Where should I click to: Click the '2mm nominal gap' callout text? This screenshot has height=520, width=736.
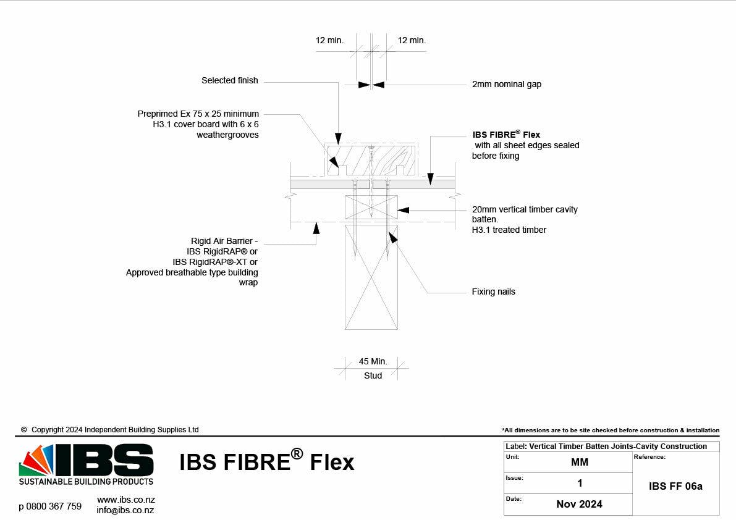point(506,84)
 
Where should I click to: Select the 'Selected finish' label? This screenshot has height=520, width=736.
point(229,80)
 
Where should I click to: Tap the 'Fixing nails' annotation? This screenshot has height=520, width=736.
point(493,291)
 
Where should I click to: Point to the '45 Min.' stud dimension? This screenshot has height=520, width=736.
point(373,361)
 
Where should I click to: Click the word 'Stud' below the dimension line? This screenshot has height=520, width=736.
point(373,375)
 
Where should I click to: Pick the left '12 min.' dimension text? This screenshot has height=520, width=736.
point(329,40)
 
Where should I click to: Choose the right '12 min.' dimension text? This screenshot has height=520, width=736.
point(412,40)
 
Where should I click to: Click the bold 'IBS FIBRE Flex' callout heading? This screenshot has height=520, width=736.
point(506,135)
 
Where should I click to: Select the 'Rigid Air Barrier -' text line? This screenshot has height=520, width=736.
point(224,241)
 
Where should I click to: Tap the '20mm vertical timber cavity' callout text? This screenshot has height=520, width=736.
point(525,209)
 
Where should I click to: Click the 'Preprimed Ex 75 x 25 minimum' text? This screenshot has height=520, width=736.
point(198,114)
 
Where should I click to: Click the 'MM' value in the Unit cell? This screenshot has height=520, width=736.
point(579,462)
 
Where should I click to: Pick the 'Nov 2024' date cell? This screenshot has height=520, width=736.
point(579,504)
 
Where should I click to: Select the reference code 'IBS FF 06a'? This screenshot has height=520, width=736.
point(675,486)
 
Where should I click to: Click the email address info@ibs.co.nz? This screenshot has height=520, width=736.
point(125,510)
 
